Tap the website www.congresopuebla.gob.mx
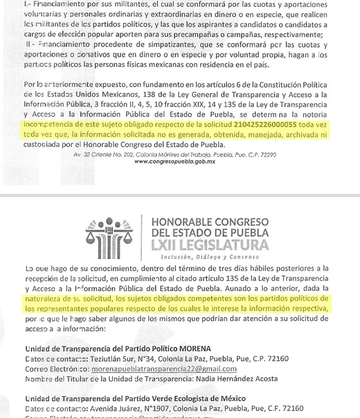tap(175, 162)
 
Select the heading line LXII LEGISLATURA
tap(209, 245)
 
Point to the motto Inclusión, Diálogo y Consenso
tap(209, 256)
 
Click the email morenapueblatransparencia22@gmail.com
tap(164, 369)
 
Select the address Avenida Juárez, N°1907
tap(135, 408)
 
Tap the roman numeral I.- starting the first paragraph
tap(27, 4)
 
